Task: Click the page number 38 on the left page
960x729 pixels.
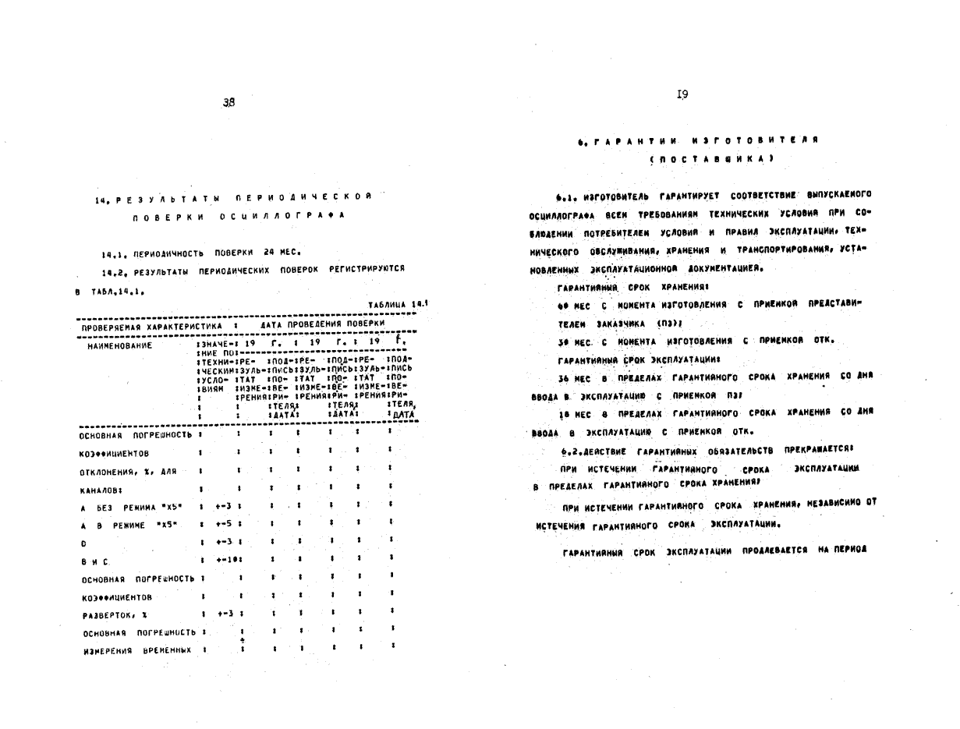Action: [x=228, y=102]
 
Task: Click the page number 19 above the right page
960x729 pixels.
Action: [x=682, y=94]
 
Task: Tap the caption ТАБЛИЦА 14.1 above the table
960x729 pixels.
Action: [x=398, y=305]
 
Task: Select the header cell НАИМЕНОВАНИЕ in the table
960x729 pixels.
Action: [x=120, y=344]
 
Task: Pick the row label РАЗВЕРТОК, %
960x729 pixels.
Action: [x=109, y=615]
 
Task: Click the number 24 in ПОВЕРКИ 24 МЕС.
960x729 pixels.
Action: [x=267, y=253]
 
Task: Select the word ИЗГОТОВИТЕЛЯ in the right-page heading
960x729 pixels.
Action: [x=754, y=141]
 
